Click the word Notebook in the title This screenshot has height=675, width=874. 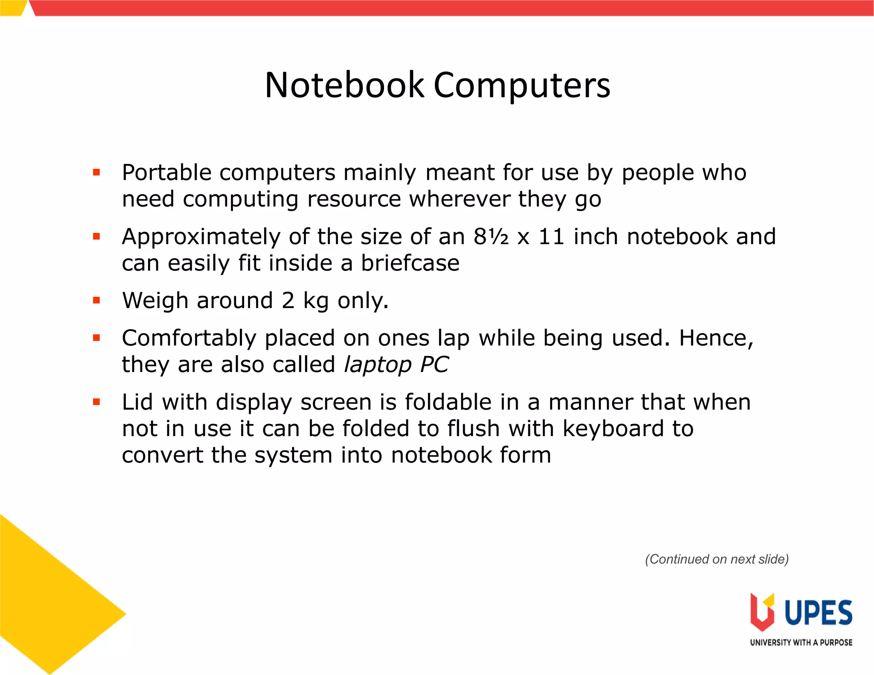point(344,85)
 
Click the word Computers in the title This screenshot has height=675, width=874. point(522,85)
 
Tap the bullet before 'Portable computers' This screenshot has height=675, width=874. point(96,172)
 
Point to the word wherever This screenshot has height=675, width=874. point(460,199)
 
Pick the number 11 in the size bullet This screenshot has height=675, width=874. point(551,237)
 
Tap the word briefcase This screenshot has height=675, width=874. point(410,263)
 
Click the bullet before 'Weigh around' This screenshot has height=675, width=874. point(96,300)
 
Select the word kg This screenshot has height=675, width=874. point(316,301)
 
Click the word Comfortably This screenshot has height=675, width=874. point(189,338)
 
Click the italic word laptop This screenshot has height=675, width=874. point(378,365)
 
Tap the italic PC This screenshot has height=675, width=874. point(434,365)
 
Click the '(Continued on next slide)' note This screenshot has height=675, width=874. point(717,559)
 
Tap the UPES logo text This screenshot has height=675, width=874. point(818,613)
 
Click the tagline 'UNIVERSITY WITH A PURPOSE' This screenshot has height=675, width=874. point(801,643)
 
